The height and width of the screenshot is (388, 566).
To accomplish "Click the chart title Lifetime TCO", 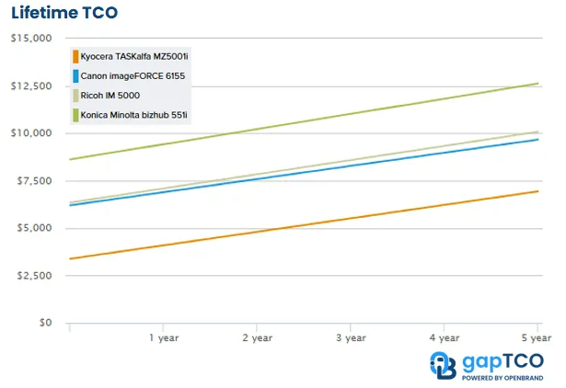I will (x=64, y=13).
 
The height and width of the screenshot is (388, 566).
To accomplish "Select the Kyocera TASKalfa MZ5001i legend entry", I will (x=133, y=57).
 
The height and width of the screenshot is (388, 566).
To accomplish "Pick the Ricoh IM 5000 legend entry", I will (x=110, y=96).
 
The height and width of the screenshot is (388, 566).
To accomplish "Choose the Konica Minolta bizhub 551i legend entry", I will (x=133, y=115).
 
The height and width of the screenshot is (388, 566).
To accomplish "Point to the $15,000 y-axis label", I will (x=30, y=39).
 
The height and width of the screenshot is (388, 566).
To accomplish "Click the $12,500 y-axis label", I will (x=30, y=86).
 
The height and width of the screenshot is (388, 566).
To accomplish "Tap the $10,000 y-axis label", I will (x=30, y=133).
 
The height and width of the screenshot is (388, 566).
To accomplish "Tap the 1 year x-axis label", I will (x=164, y=338).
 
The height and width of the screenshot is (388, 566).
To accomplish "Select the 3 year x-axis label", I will (x=351, y=338).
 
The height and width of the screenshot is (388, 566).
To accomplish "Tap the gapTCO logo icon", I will (x=443, y=364).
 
